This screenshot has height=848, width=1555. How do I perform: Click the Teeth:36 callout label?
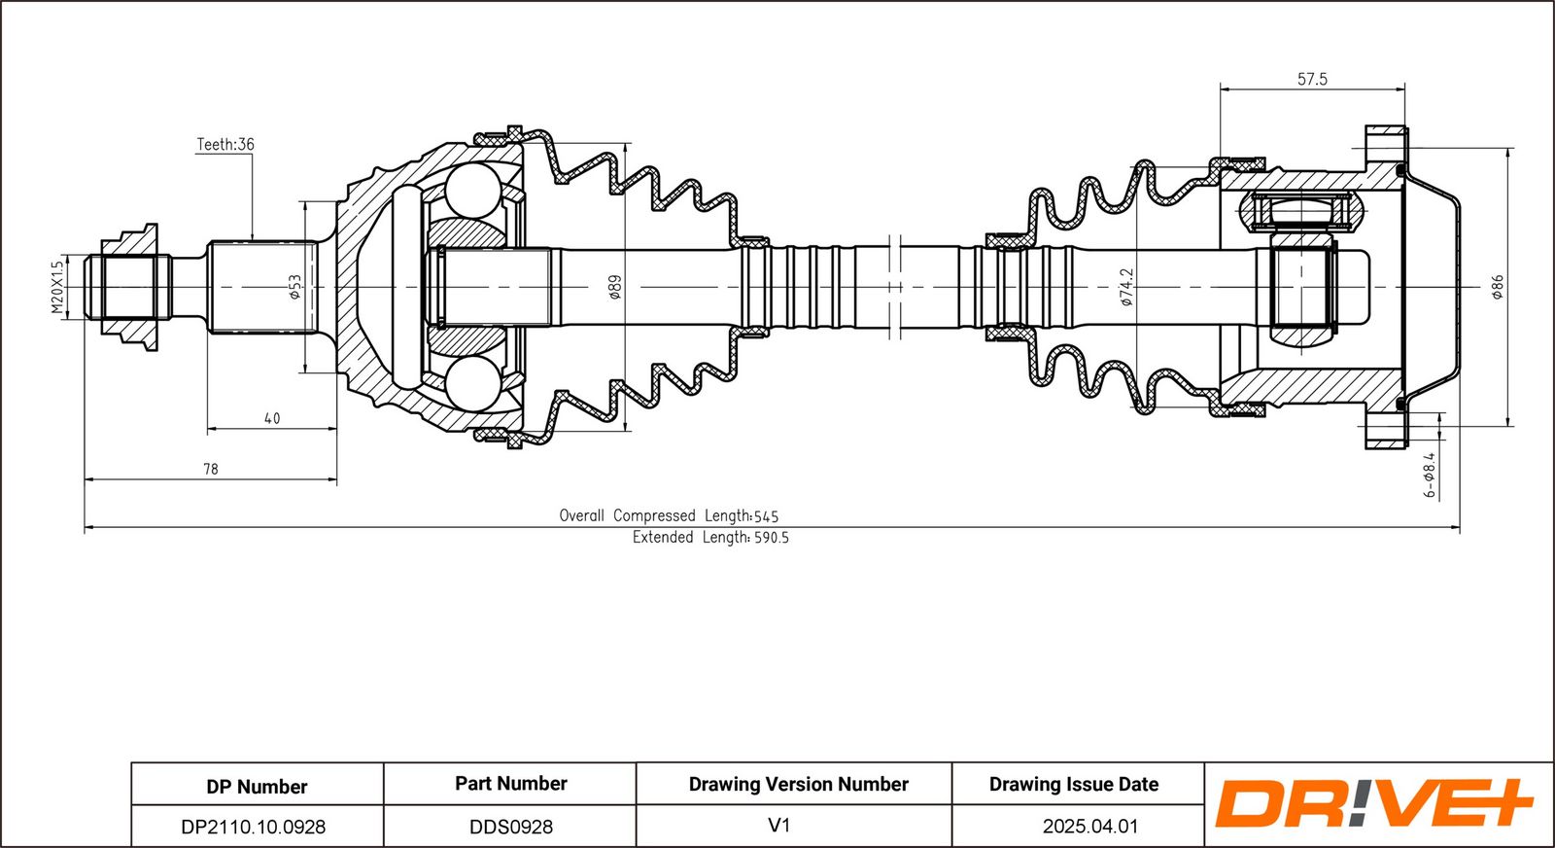(225, 145)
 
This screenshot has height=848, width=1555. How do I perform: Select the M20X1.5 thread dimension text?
(57, 288)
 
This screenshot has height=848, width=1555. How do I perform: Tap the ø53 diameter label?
(295, 287)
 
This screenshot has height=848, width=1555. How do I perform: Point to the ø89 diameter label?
(615, 288)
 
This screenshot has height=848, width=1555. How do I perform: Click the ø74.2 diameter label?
(1126, 288)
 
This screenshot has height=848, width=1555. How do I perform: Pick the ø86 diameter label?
(1498, 288)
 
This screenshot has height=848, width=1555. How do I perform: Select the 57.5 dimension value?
(1312, 79)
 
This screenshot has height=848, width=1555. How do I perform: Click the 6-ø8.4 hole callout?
(1429, 475)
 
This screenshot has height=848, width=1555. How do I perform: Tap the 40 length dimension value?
(272, 418)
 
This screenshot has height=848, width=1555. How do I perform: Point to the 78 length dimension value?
(210, 469)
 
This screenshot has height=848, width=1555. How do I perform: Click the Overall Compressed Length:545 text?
(670, 516)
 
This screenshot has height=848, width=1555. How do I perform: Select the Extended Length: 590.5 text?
(710, 538)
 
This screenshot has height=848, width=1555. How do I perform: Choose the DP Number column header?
(257, 786)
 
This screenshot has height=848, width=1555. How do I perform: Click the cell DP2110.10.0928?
(254, 827)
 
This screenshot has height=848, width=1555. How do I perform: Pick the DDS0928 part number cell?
(511, 827)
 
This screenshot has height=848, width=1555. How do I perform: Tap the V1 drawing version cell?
(779, 825)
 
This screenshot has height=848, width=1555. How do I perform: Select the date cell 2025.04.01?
(1090, 826)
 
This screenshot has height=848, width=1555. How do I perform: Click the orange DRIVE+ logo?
(1374, 803)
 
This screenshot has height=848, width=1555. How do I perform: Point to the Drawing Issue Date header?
(1074, 784)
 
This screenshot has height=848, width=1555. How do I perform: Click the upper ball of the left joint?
(473, 190)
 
